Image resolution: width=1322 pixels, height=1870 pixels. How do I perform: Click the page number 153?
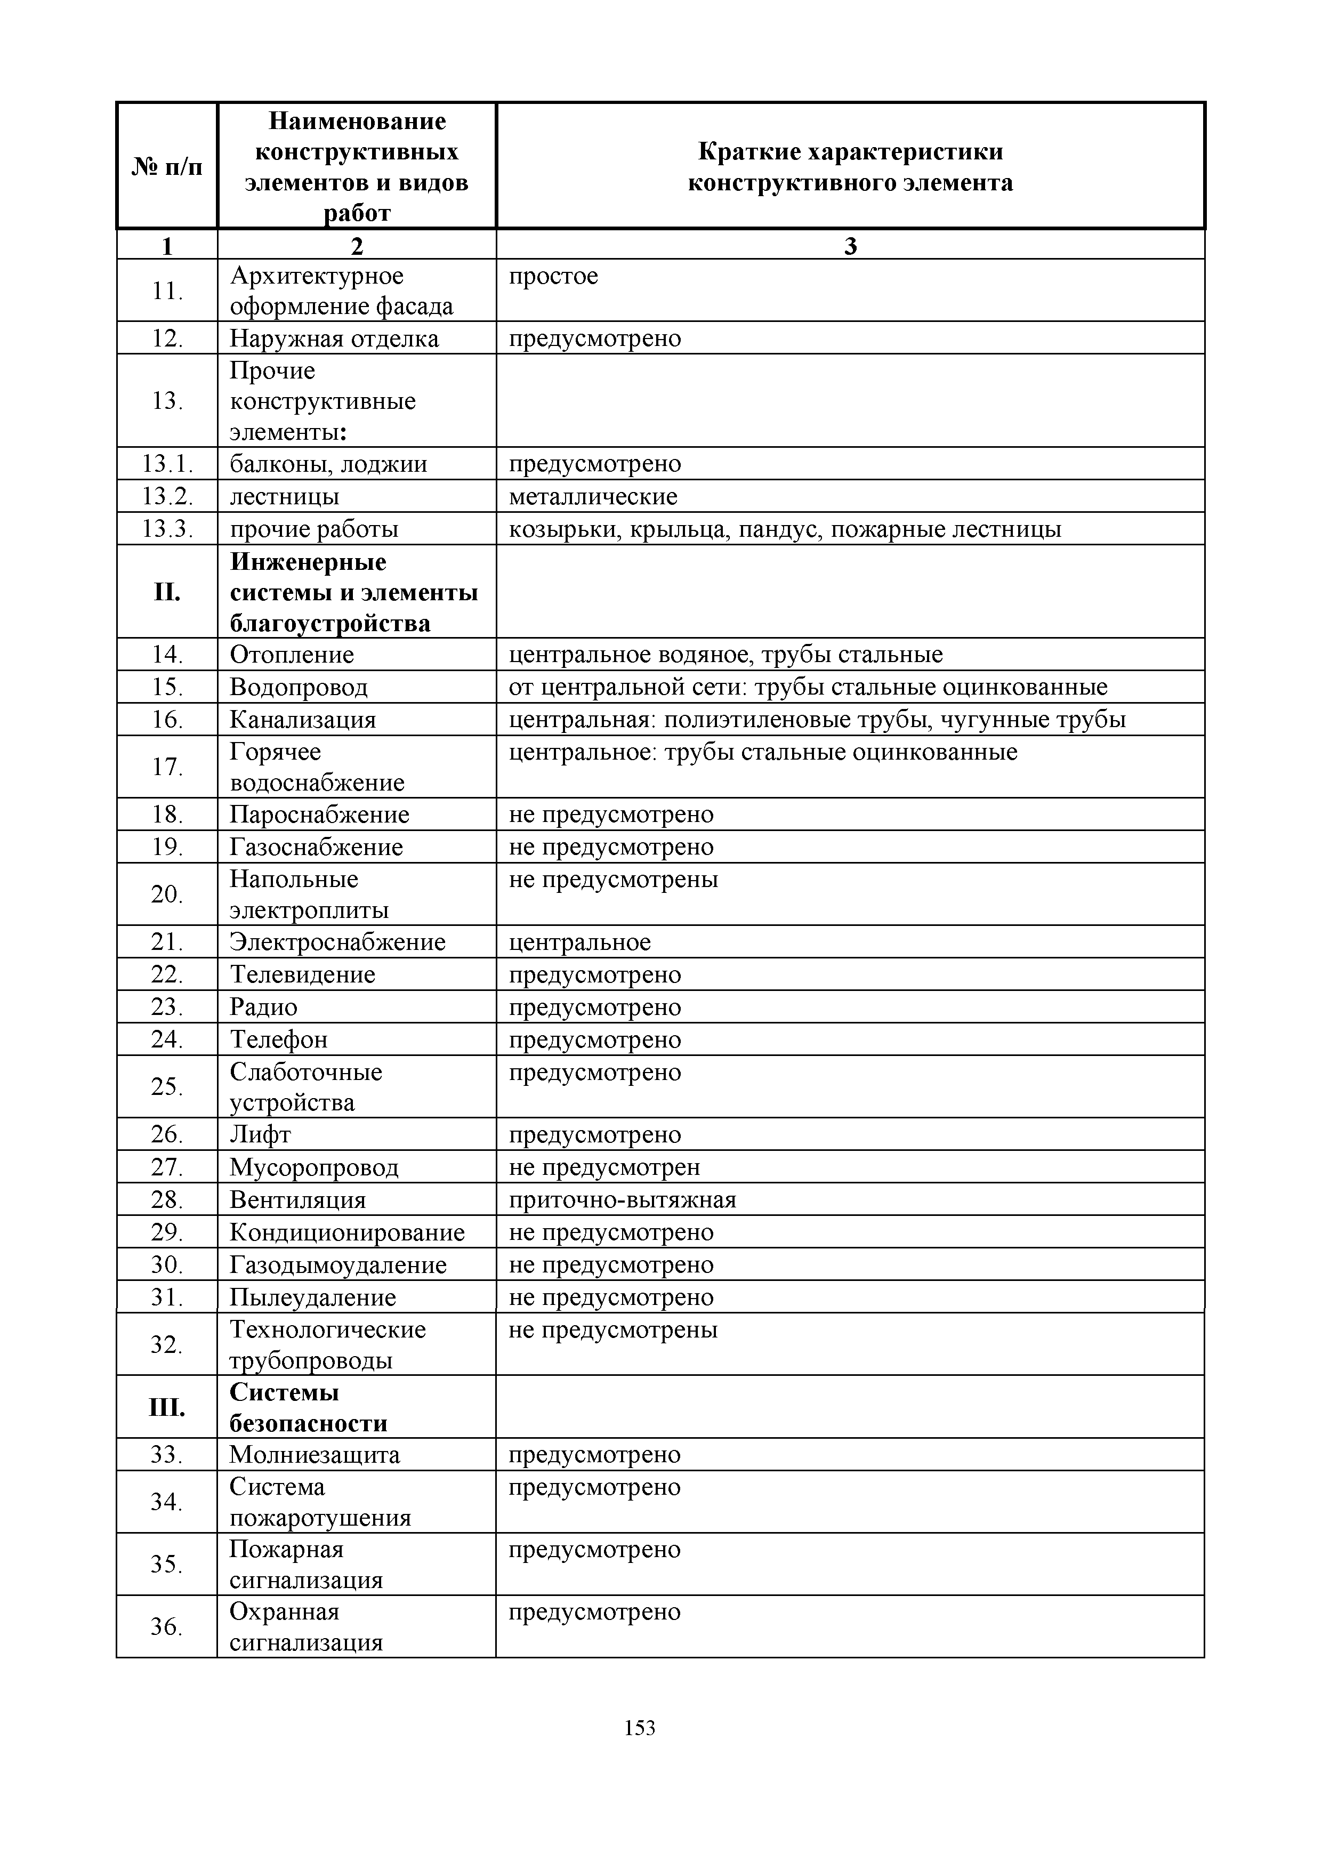point(640,1750)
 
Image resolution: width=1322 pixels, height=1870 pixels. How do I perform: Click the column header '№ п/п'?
point(167,167)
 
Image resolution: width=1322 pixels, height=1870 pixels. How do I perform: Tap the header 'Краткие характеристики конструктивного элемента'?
point(850,167)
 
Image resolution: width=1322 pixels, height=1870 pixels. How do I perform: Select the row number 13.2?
point(167,496)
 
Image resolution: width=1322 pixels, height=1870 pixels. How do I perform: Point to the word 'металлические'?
point(593,496)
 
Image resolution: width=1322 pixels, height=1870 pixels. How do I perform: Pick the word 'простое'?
point(553,276)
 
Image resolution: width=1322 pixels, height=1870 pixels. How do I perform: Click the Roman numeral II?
point(167,592)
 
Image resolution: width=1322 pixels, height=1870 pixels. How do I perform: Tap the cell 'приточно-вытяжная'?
point(622,1200)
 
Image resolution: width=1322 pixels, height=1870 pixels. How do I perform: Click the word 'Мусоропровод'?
point(313,1167)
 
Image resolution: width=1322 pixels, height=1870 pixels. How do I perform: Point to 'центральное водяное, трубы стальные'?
point(726,655)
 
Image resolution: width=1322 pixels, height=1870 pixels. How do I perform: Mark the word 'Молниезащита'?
point(315,1455)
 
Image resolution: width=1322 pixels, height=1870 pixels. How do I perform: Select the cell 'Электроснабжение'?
point(337,942)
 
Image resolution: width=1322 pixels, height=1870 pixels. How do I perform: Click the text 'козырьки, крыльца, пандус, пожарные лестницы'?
point(784,529)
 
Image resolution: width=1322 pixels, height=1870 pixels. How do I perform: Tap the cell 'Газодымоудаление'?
point(338,1265)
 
